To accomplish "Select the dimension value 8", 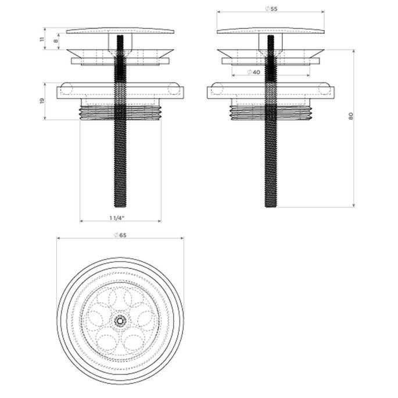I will click(x=56, y=41).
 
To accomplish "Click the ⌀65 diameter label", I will click(x=120, y=235).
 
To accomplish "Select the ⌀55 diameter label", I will click(x=270, y=9).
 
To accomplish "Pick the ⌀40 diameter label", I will click(x=253, y=72).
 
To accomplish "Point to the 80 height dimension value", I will click(x=350, y=116).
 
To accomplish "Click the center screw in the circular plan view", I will click(x=120, y=319).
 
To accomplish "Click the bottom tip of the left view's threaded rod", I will click(x=120, y=205).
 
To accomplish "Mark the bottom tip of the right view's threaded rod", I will click(x=271, y=205).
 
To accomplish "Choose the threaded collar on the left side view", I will click(x=99, y=112).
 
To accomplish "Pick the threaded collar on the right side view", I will click(x=250, y=112).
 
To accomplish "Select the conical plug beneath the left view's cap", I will click(x=93, y=53).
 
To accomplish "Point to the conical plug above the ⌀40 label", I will click(x=244, y=53).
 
